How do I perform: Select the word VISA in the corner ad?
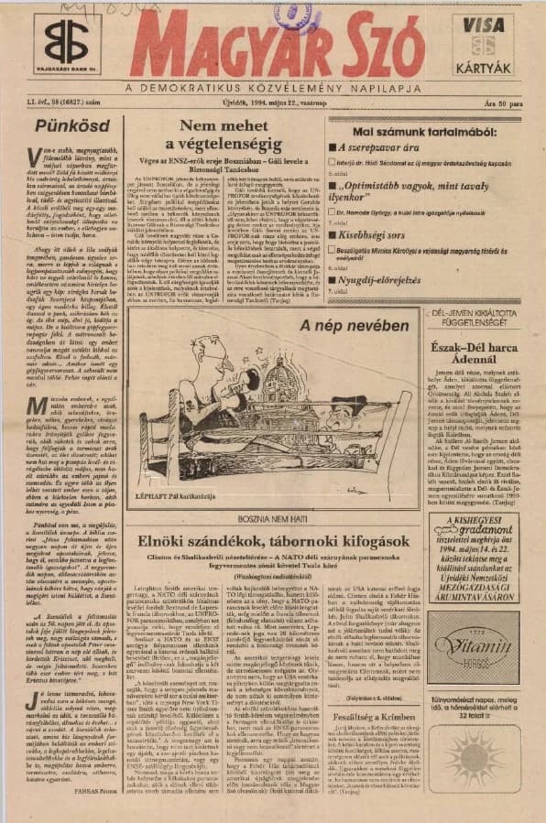tap(482, 26)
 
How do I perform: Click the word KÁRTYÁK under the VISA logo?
tap(483, 67)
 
